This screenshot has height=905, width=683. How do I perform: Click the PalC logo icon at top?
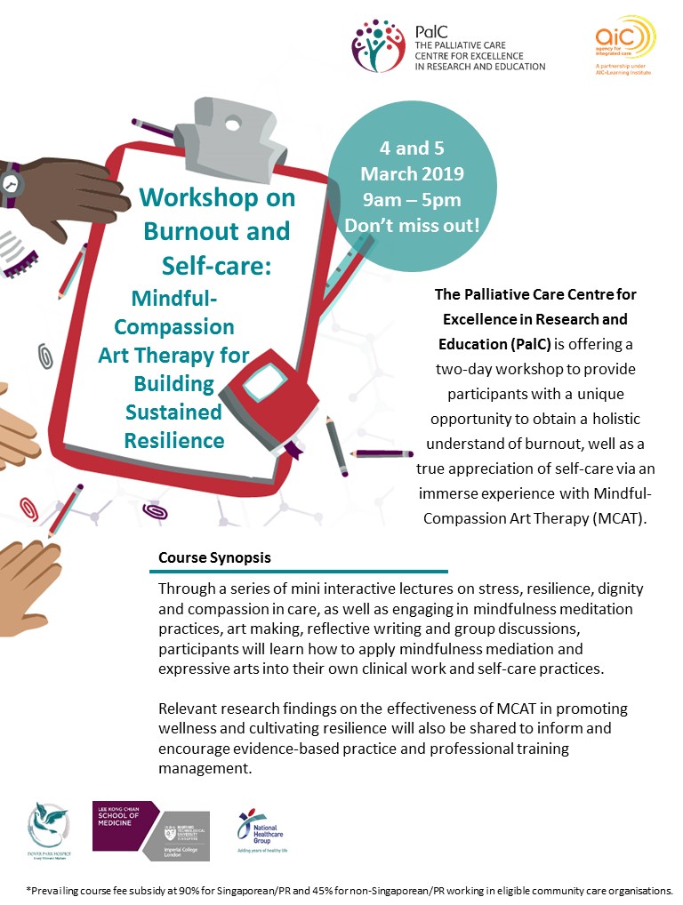pyautogui.click(x=380, y=46)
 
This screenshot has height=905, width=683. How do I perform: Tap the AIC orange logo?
pyautogui.click(x=624, y=38)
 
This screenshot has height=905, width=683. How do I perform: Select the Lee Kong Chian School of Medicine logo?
pyautogui.click(x=151, y=829)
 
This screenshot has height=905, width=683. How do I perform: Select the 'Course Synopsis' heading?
pyautogui.click(x=214, y=557)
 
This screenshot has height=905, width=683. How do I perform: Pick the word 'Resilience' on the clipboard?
pyautogui.click(x=174, y=439)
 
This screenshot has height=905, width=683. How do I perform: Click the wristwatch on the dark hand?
pyautogui.click(x=11, y=180)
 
